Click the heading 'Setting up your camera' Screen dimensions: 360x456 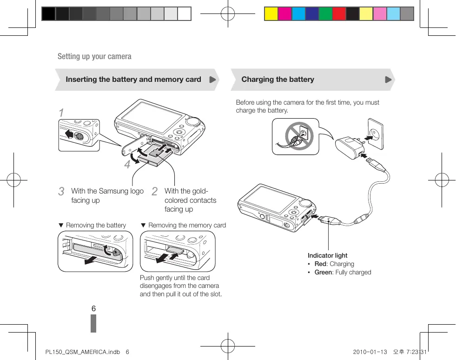click(94, 56)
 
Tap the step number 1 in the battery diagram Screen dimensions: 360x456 click(61, 113)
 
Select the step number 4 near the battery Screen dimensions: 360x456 click(127, 165)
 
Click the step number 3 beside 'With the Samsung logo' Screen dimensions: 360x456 click(61, 192)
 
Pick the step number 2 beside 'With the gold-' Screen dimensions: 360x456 click(155, 192)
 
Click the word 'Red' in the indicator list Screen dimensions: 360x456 click(320, 264)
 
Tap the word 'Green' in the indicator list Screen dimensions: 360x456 click(323, 272)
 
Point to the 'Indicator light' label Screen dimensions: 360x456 click(327, 255)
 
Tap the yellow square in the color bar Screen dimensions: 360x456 click(271, 14)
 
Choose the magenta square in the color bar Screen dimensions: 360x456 click(284, 14)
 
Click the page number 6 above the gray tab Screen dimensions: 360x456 click(93, 309)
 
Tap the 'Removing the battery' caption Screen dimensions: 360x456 click(96, 225)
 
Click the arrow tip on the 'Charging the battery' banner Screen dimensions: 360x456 click(389, 80)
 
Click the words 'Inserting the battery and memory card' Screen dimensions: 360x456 click(133, 80)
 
